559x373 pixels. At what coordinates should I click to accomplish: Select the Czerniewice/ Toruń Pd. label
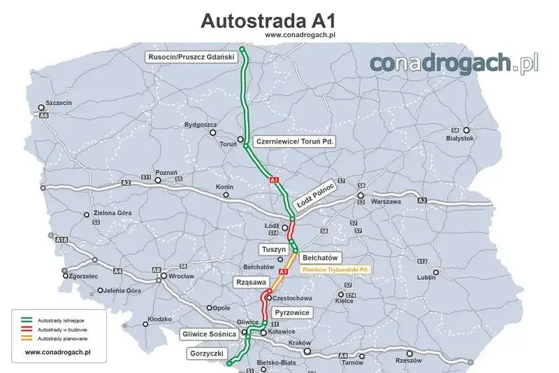click(296, 141)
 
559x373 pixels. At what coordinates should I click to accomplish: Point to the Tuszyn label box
click(273, 249)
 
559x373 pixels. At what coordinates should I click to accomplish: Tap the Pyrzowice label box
click(292, 312)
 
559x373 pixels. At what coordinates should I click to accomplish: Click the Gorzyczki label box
click(206, 354)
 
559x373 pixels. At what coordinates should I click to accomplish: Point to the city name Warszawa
click(385, 202)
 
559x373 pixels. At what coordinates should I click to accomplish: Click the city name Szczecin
click(58, 102)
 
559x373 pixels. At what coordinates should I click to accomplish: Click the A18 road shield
click(62, 240)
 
